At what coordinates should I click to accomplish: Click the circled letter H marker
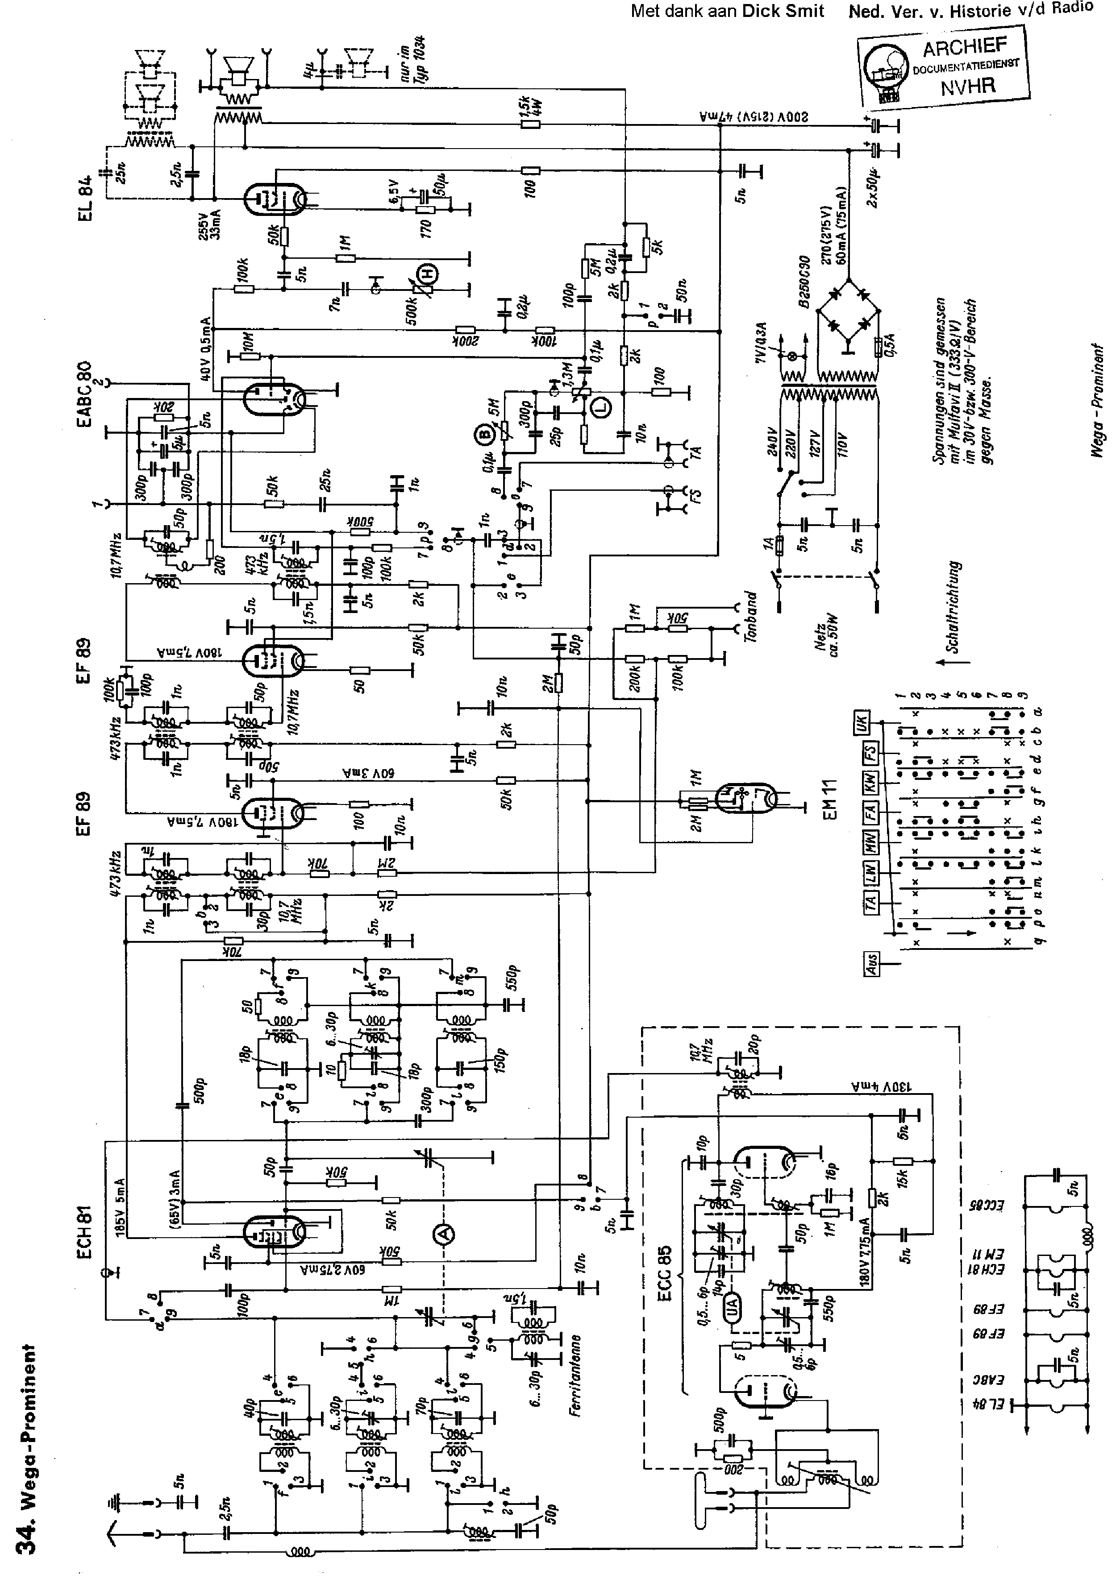(x=431, y=274)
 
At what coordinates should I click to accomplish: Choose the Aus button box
(x=870, y=964)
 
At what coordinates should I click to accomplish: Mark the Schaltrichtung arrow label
(x=954, y=607)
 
